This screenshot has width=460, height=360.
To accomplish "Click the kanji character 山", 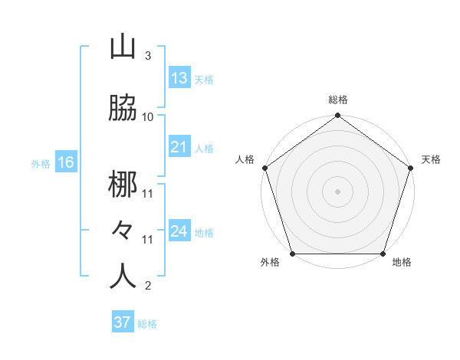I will click(x=123, y=47).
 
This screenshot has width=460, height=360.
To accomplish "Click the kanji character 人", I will click(x=123, y=277).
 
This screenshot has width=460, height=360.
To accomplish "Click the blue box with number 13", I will click(x=179, y=78).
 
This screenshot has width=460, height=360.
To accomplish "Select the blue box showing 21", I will click(x=179, y=147).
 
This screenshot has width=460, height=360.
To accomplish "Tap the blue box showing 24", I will click(x=179, y=231).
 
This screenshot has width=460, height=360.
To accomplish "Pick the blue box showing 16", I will click(x=66, y=162).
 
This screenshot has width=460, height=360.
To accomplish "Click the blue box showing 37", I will click(x=123, y=322).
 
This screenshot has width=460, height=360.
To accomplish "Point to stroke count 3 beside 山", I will click(x=147, y=56).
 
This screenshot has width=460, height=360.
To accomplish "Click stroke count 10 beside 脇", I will click(x=148, y=116).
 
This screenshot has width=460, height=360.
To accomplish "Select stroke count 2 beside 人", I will click(x=147, y=286).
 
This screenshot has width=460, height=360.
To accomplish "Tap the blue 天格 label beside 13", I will click(x=204, y=79).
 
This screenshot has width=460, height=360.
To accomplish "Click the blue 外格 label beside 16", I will click(x=41, y=163).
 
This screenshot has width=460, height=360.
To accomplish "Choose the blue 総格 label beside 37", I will click(x=147, y=323).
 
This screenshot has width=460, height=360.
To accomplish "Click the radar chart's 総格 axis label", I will click(x=338, y=100).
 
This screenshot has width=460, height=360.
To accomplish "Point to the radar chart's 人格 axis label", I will click(x=245, y=159).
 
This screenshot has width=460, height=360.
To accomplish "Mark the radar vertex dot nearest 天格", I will click(x=411, y=168).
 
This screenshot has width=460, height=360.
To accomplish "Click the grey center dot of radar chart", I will click(x=337, y=191).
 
